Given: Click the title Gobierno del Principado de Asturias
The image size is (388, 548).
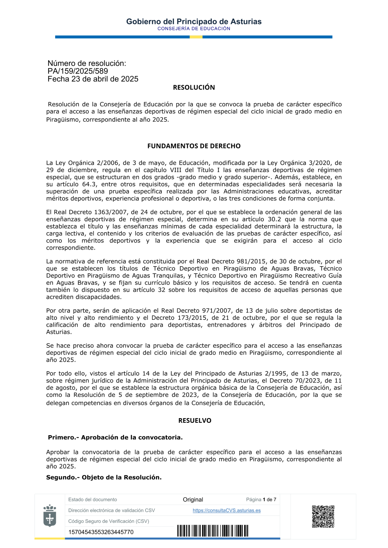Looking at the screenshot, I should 194,22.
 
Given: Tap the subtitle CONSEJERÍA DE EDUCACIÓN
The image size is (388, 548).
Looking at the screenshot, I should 194,29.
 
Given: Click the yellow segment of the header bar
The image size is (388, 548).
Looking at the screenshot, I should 196,37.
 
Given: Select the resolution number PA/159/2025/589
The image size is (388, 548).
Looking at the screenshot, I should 78,71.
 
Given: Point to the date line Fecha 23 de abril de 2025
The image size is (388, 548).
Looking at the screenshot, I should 93,79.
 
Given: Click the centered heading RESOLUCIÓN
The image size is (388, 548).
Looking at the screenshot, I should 194,88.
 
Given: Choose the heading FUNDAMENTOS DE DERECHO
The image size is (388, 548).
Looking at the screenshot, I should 194,146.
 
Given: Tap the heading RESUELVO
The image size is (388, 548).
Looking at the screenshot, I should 194,420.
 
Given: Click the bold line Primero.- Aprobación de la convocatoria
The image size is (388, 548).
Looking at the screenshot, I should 115,438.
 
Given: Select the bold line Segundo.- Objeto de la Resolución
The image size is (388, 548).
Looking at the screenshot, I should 104,477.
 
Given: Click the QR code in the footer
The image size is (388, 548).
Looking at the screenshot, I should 323,516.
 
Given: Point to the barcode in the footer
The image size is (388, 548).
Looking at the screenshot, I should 213,531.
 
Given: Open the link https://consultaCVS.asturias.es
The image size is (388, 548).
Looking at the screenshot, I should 227,510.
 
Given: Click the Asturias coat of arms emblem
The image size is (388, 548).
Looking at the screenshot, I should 50,515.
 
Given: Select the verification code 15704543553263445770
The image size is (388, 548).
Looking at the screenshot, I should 101,532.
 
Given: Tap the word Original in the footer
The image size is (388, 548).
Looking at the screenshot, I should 193,500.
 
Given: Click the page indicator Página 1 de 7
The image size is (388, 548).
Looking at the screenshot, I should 261,500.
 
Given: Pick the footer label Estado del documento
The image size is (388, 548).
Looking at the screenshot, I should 92,500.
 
